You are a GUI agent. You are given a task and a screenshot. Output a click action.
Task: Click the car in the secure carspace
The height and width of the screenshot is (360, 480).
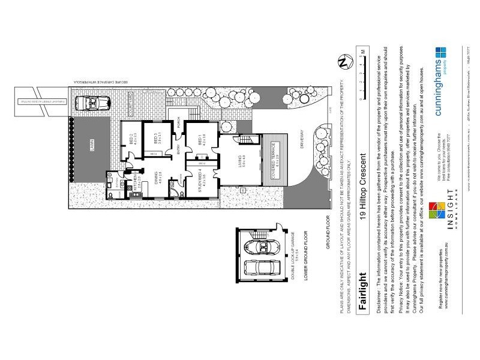click(92, 104)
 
